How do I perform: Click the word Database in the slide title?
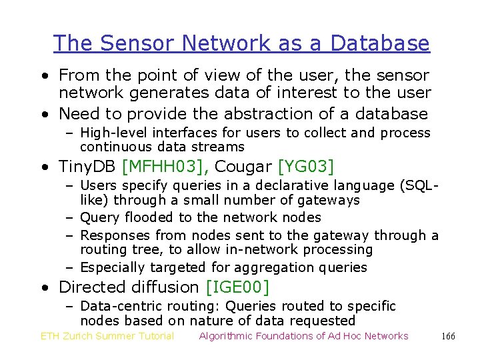click(x=380, y=43)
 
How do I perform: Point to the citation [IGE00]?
click(x=238, y=287)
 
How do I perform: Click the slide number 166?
click(x=448, y=336)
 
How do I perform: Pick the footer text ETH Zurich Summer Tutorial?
click(x=107, y=336)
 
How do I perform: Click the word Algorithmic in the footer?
click(x=229, y=336)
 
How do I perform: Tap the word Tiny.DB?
click(x=87, y=166)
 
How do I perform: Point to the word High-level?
click(x=111, y=133)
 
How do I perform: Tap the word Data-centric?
click(x=119, y=306)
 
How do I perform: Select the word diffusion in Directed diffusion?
click(x=168, y=287)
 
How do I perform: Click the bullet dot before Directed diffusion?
click(x=43, y=288)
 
